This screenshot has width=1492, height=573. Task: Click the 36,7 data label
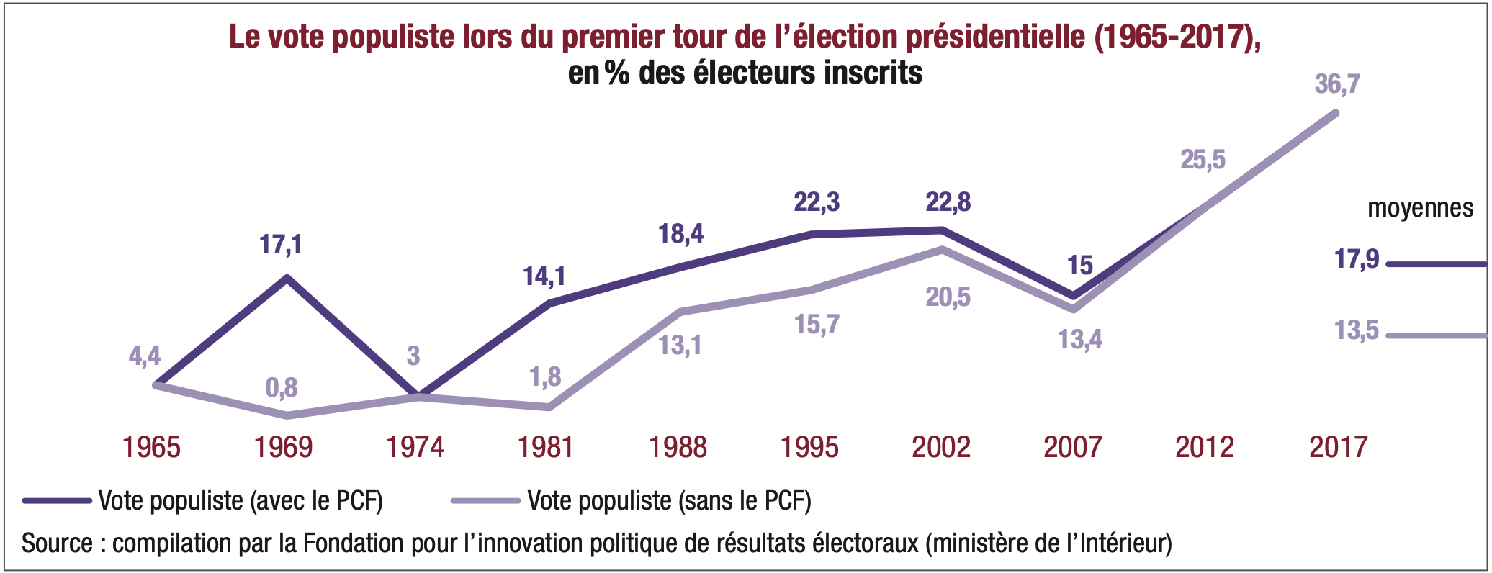[x=1337, y=84]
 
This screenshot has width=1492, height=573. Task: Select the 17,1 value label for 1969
[x=281, y=245]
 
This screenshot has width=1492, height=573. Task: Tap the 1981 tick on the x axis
[x=546, y=447]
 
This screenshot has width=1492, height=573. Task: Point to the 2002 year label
[x=941, y=447]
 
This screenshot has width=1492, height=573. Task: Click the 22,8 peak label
[x=948, y=202]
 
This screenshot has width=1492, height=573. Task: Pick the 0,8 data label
[x=282, y=388]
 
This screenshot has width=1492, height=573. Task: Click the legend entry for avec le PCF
[x=240, y=500]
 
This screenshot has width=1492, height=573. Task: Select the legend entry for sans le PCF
[x=669, y=500]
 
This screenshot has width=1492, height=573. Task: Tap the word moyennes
[x=1420, y=208]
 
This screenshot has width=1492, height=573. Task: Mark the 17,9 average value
[x=1357, y=259]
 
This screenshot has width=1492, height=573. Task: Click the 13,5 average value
[x=1357, y=330]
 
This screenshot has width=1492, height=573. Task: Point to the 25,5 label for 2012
[x=1203, y=159]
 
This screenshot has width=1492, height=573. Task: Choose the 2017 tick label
[x=1338, y=447]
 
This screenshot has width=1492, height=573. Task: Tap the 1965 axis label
[x=151, y=447]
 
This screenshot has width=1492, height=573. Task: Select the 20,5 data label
[x=948, y=297]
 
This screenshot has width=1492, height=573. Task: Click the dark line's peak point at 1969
[x=287, y=278]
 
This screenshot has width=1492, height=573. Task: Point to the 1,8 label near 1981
[x=545, y=377]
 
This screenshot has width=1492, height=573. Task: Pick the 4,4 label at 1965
[x=145, y=356]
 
